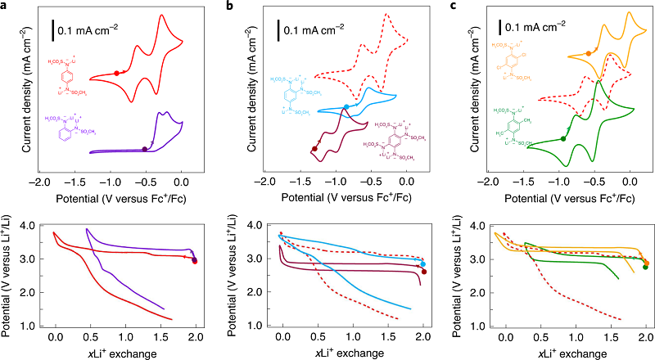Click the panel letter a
5,7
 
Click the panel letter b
227,7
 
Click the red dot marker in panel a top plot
117,73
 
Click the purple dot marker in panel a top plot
145,148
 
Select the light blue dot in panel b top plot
346,107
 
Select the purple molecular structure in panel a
75,128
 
